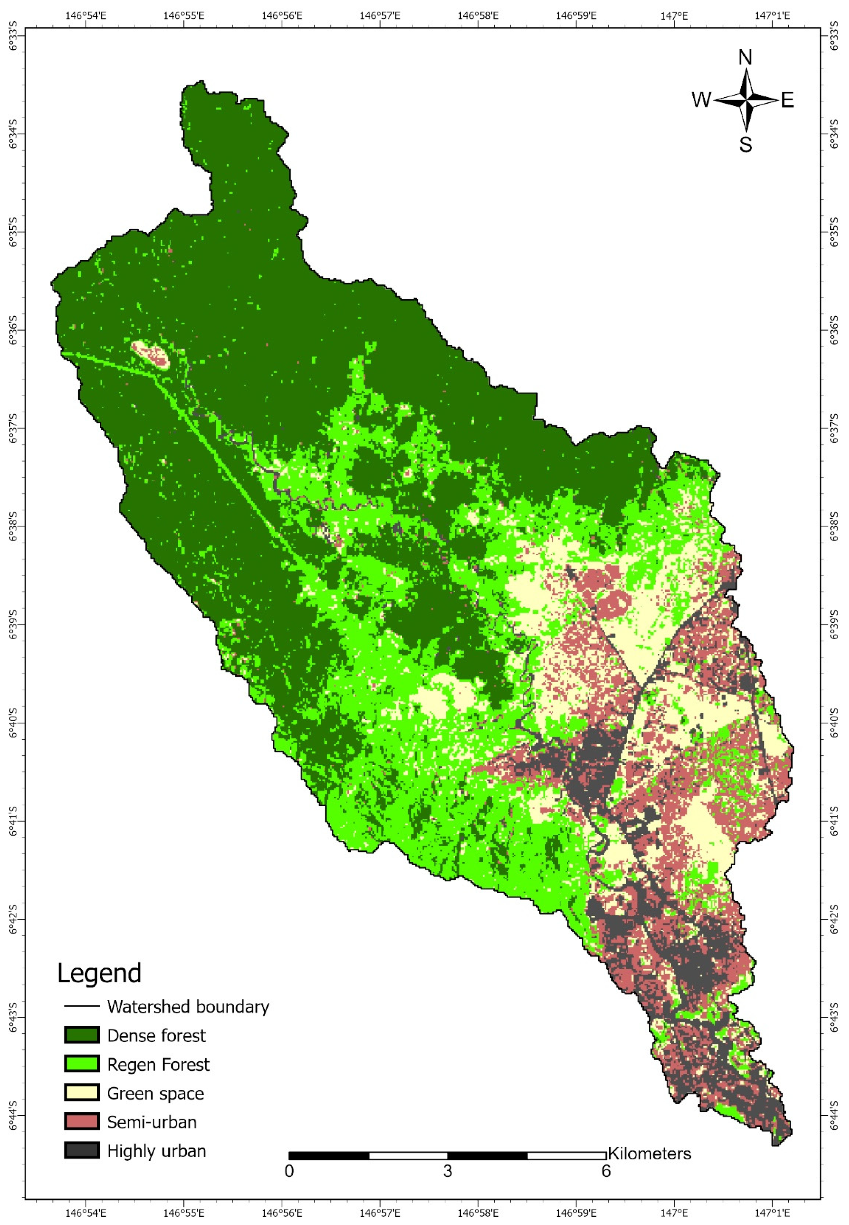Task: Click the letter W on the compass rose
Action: (x=701, y=99)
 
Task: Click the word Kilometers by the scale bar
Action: (x=649, y=1154)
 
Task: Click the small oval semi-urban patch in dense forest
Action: (x=150, y=355)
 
